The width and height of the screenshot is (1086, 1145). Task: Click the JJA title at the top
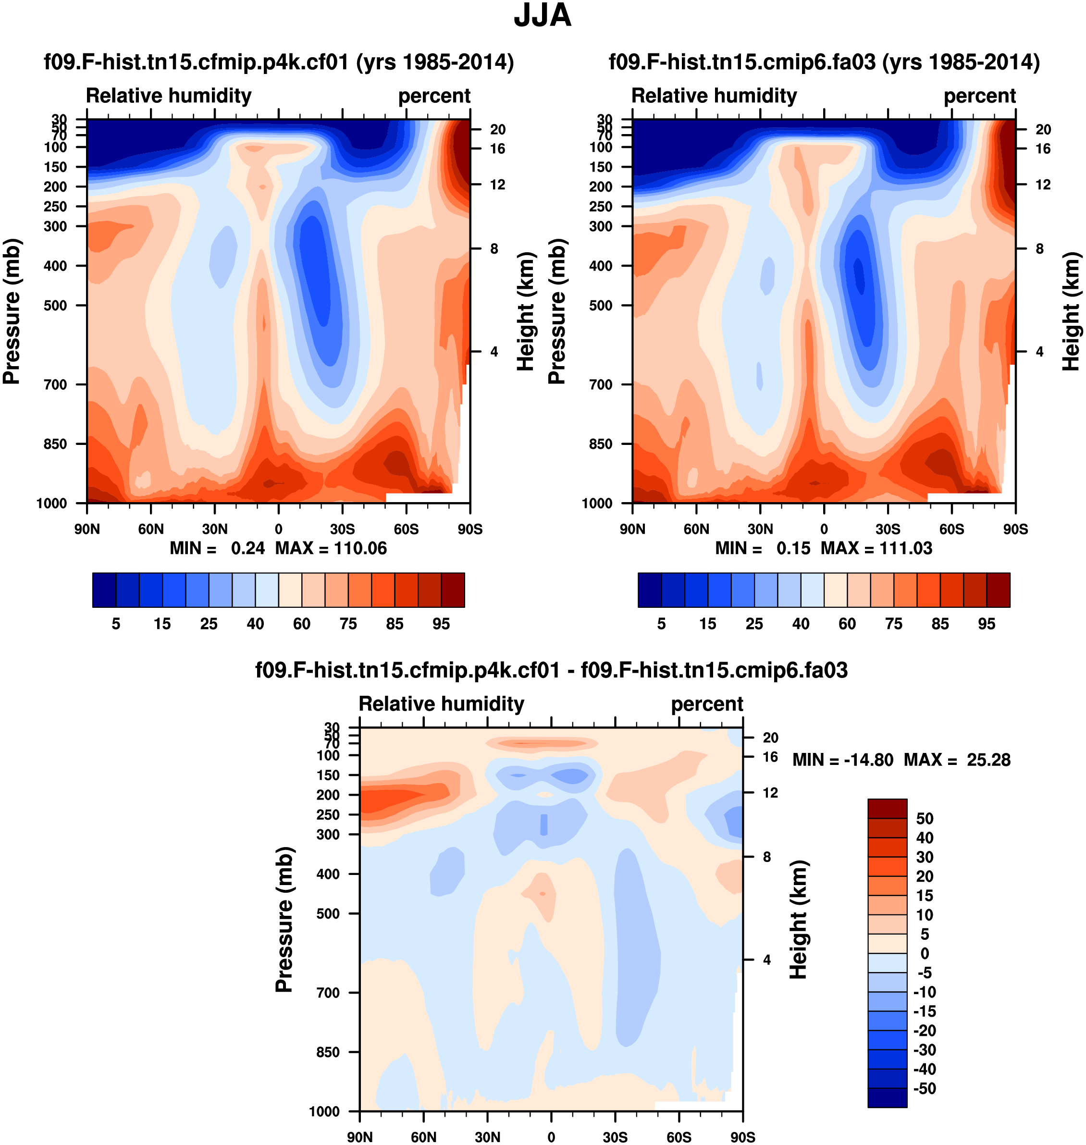pos(543,16)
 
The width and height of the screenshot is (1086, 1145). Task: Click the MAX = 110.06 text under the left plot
pos(331,548)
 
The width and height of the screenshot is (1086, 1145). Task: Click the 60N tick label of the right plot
pos(696,529)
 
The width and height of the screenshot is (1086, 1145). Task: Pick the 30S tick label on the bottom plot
pos(615,1137)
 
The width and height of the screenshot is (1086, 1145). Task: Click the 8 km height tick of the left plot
pos(494,249)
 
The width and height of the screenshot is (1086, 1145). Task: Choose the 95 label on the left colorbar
pos(441,624)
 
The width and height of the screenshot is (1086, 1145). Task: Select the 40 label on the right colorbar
pos(801,624)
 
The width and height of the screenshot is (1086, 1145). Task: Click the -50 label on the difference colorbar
pos(924,1088)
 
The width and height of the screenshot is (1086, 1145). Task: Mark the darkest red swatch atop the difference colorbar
pos(887,808)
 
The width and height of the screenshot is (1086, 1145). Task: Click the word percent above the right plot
pos(979,96)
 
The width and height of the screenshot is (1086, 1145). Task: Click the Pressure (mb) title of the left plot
pos(12,311)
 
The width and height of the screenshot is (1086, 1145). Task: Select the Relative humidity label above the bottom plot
pos(441,703)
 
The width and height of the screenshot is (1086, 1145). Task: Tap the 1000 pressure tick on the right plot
pos(597,503)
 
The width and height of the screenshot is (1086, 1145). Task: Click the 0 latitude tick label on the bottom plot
pos(551,1137)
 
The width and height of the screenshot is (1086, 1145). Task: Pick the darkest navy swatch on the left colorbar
pos(104,590)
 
